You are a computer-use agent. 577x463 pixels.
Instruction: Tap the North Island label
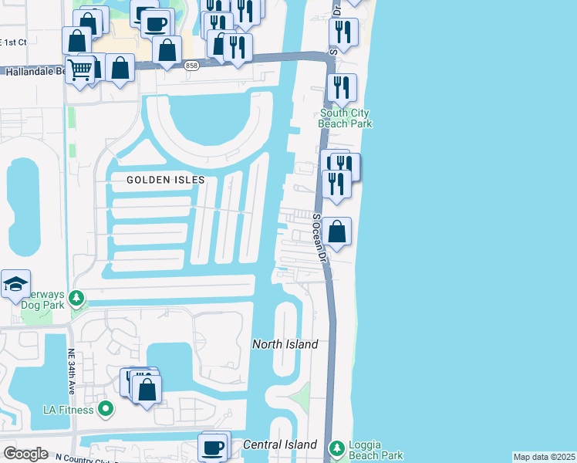point(285,344)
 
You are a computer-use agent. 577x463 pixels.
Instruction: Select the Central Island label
point(279,444)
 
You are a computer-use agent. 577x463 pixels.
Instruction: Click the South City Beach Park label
point(346,118)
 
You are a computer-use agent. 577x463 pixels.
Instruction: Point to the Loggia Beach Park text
point(376,451)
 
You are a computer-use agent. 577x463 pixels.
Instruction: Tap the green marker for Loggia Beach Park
point(336,447)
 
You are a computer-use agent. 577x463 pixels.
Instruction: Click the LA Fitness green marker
point(106,409)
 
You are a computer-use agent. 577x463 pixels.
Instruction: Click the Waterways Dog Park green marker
point(76,297)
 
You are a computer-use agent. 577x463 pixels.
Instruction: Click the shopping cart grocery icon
point(80,69)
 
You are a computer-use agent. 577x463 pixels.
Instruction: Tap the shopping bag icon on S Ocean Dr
point(337,231)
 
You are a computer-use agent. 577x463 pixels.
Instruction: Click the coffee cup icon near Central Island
point(213,446)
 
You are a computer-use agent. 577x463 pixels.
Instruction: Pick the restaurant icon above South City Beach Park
point(341,87)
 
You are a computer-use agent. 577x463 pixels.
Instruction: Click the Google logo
point(25,454)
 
